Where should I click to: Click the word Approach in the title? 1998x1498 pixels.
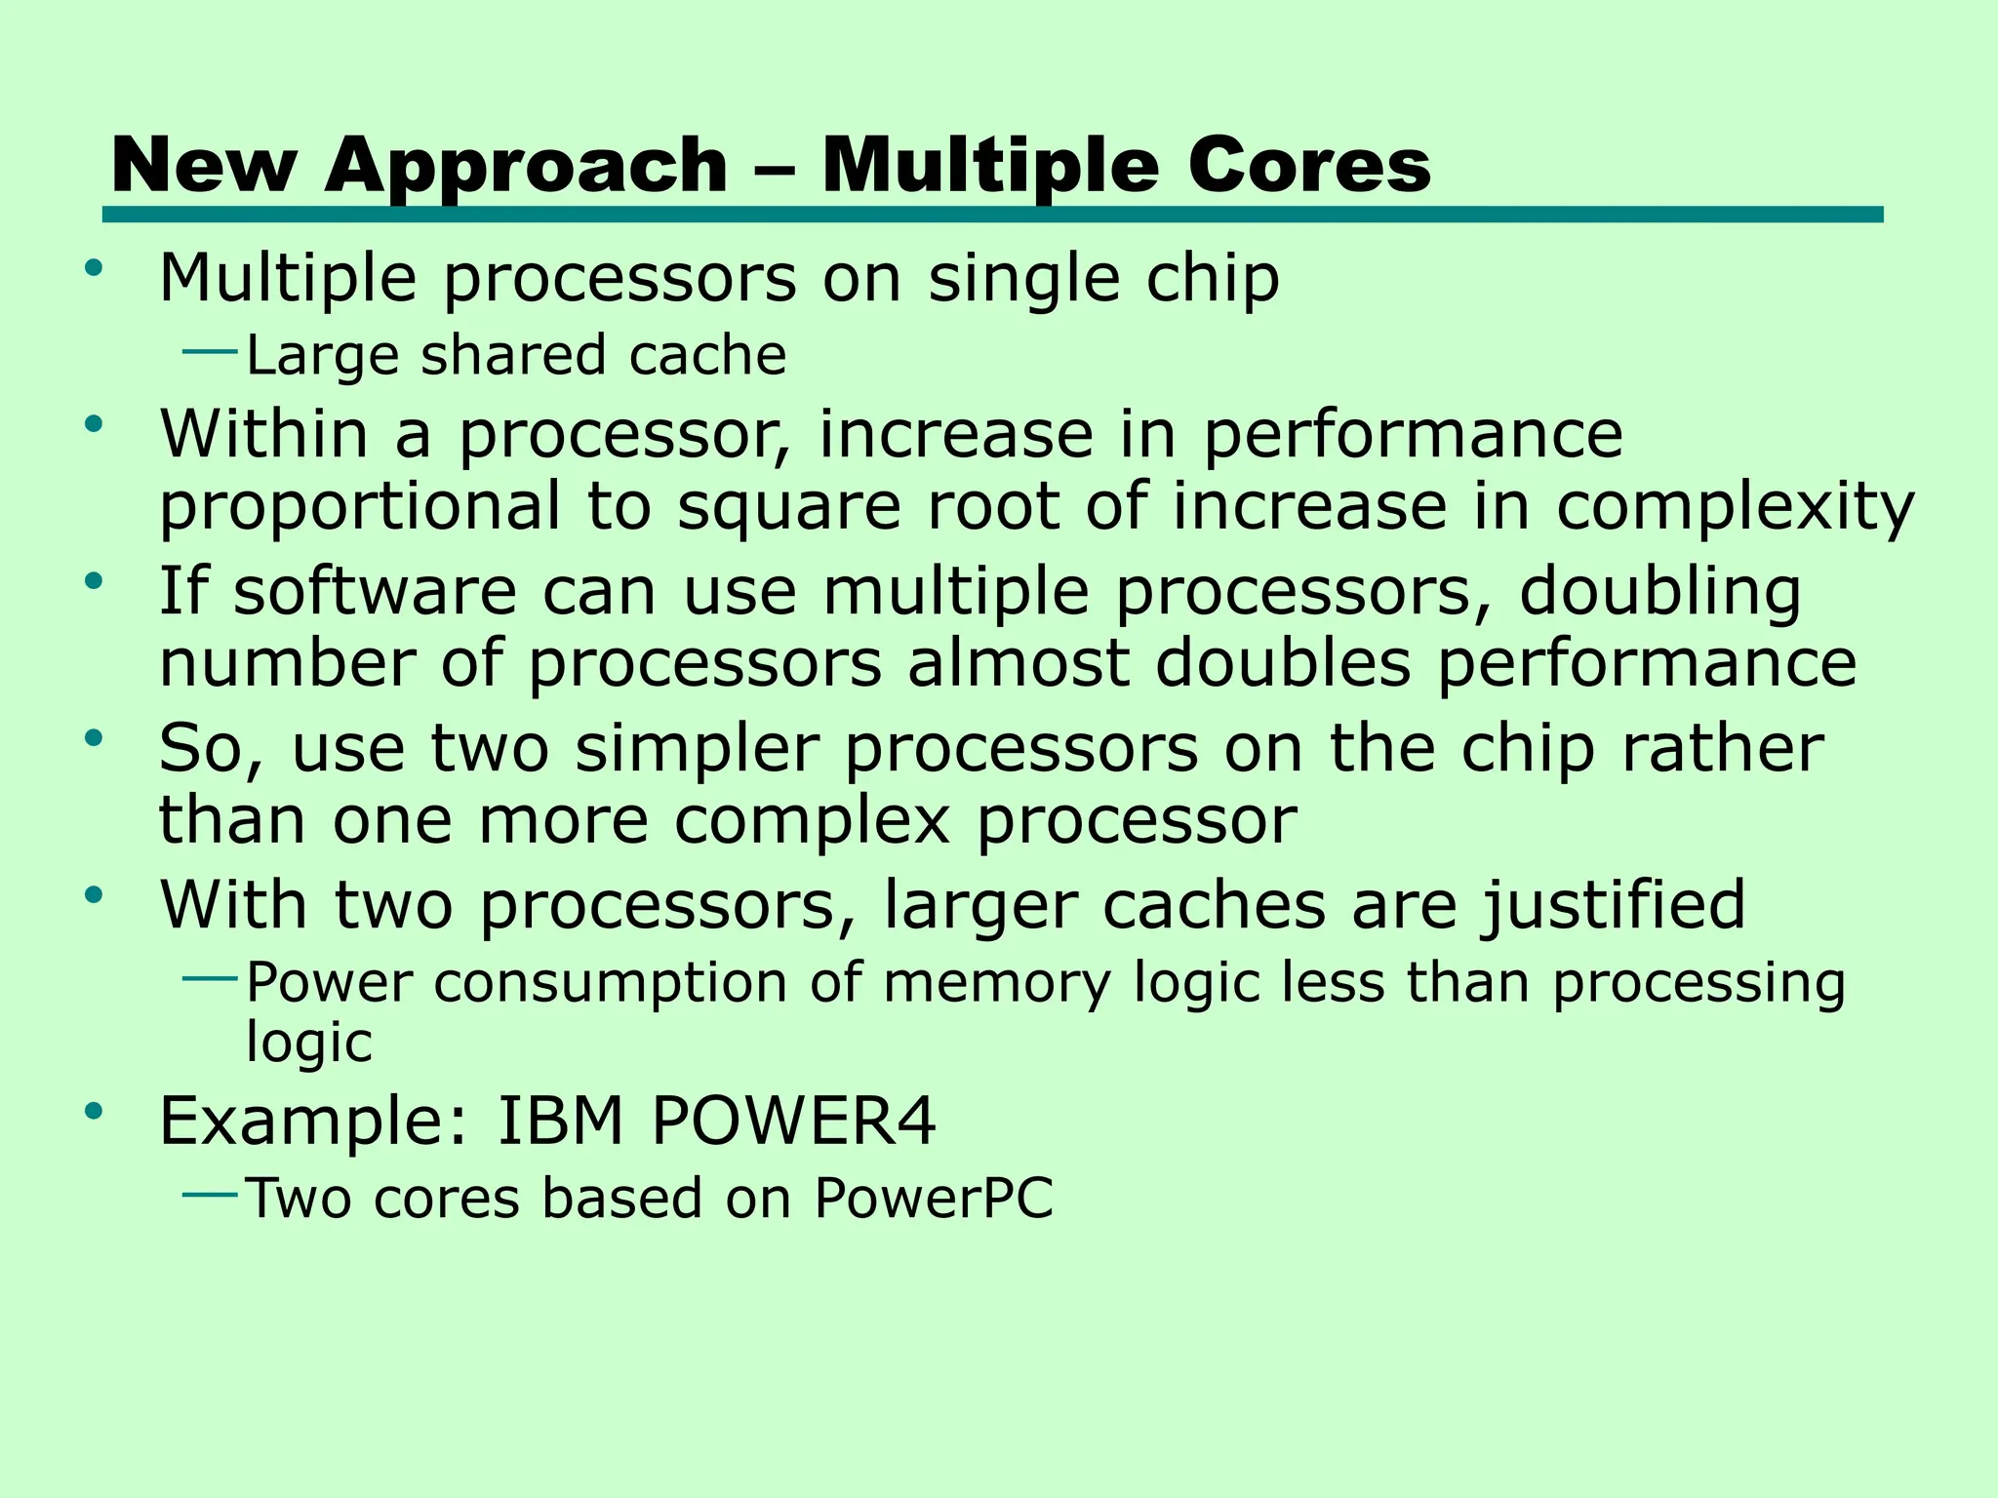[526, 166]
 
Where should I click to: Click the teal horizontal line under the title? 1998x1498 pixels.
[992, 215]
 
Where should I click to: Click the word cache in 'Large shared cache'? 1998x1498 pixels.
[707, 355]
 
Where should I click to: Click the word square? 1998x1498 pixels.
[789, 508]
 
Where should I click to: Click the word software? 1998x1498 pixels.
[375, 592]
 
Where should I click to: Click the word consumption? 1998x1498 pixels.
[610, 982]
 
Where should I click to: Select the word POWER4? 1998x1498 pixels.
[793, 1122]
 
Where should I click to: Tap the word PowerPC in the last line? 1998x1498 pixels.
[934, 1198]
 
